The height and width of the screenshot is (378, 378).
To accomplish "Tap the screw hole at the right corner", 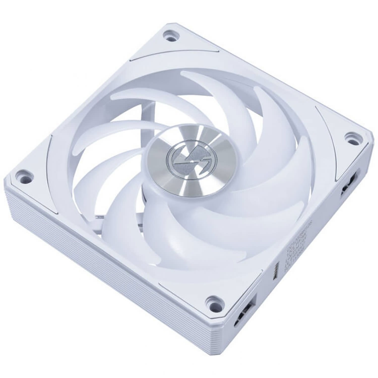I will click(x=350, y=137).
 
